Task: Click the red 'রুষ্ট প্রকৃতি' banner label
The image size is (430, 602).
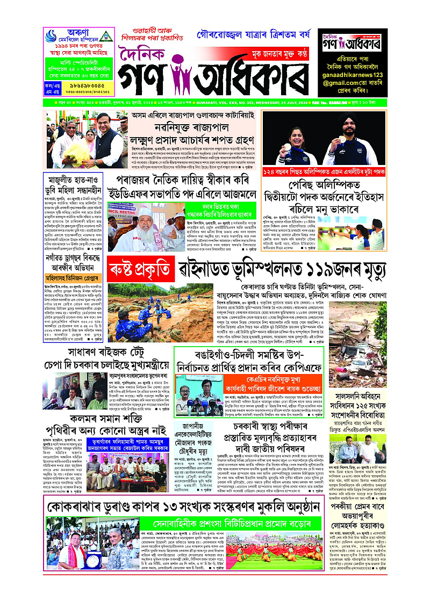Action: [x=141, y=267]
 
